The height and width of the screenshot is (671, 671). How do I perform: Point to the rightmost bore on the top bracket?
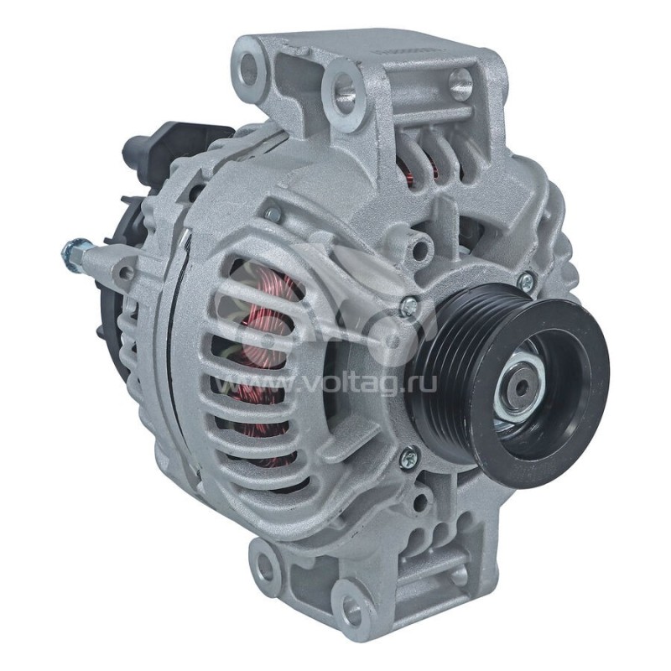click(x=460, y=82)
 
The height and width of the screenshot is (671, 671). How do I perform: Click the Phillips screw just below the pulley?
click(x=408, y=457)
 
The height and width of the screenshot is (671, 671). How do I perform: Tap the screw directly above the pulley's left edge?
click(x=408, y=308)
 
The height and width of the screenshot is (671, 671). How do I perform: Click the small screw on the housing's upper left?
click(x=273, y=215)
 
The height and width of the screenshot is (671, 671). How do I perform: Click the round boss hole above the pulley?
click(x=419, y=248)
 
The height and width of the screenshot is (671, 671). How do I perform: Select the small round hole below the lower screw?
click(x=419, y=503)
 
